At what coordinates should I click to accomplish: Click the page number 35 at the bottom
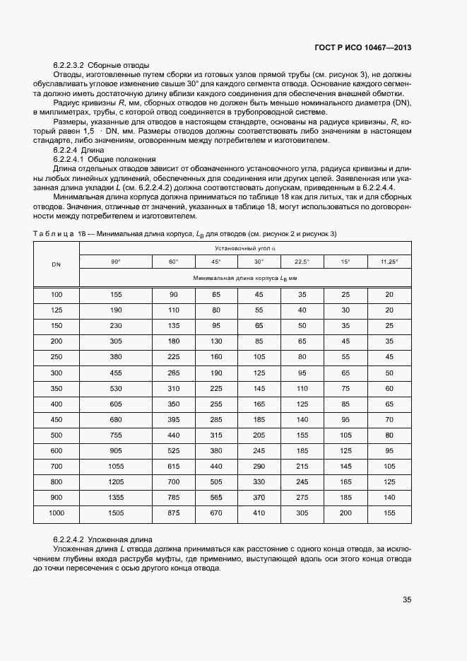[x=406, y=599]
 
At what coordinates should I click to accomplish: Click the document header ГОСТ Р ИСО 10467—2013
[x=362, y=47]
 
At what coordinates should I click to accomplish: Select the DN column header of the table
[x=56, y=264]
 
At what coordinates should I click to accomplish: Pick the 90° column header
[x=115, y=262]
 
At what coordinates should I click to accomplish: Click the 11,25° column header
[x=389, y=262]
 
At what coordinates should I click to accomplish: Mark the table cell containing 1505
[x=115, y=512]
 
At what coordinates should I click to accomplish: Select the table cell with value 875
[x=173, y=512]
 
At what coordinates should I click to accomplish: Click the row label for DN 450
[x=56, y=419]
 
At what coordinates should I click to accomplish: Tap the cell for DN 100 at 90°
[x=115, y=294]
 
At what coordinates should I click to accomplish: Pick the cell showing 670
[x=216, y=512]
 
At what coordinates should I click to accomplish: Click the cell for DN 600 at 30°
[x=259, y=450]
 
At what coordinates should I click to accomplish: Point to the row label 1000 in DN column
[x=56, y=512]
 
